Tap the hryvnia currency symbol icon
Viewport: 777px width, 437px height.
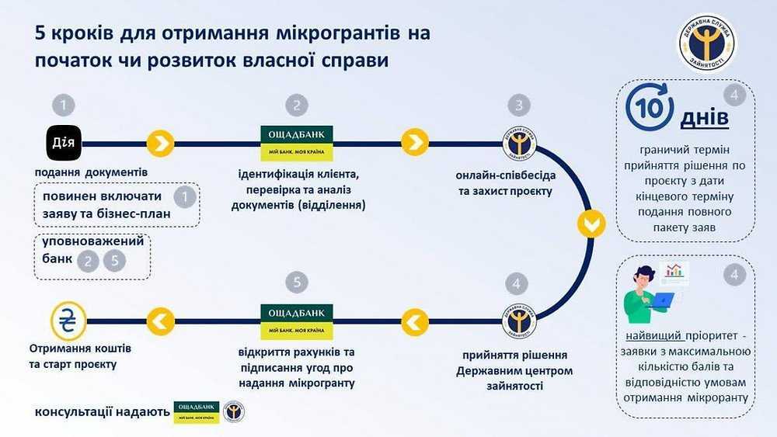(x=68, y=319)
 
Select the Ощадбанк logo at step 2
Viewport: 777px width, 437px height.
(x=297, y=144)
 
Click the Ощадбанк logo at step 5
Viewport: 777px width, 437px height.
(x=297, y=319)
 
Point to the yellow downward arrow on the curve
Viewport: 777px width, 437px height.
(x=590, y=226)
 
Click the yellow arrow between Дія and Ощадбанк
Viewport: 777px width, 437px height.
(x=160, y=144)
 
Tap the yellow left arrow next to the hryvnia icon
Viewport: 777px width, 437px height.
(x=160, y=319)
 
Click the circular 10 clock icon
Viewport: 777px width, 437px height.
(x=648, y=109)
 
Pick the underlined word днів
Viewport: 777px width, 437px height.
(x=705, y=118)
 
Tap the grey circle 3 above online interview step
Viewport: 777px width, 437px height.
(x=518, y=105)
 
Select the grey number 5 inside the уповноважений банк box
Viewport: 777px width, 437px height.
(x=114, y=261)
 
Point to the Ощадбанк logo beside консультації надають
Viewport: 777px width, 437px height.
(x=197, y=411)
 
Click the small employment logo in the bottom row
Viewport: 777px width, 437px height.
(x=233, y=411)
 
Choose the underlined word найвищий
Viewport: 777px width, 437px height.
(x=655, y=337)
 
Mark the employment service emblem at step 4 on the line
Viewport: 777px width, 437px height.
(x=518, y=319)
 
